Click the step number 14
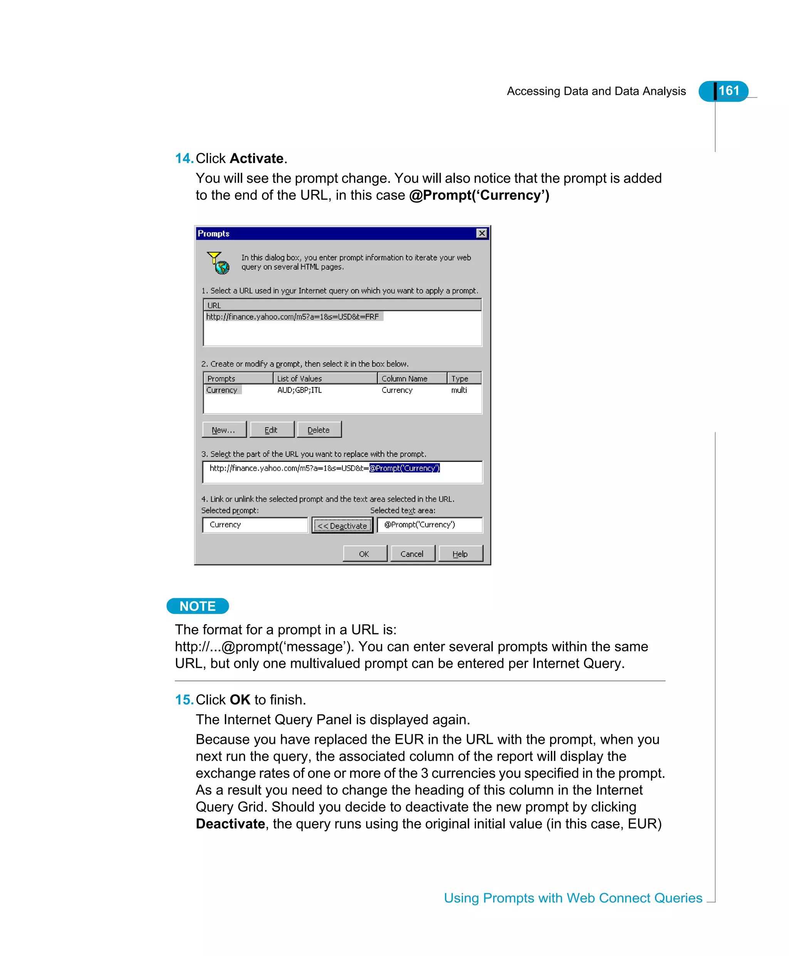pos(184,158)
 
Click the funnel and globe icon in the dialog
pos(218,262)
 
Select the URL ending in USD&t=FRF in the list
pos(292,317)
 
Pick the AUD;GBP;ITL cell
pos(299,390)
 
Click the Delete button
pos(319,429)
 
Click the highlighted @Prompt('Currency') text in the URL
pos(404,468)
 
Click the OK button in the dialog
pos(364,553)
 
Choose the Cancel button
pos(412,553)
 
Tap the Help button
pos(460,553)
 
